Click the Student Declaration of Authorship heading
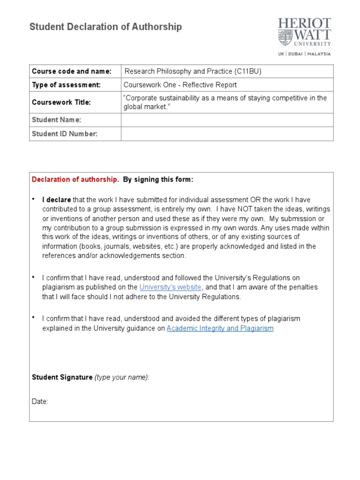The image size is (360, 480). [105, 27]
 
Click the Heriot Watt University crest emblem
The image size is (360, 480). [284, 37]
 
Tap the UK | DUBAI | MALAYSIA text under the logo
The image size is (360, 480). [304, 53]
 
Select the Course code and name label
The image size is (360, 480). [71, 71]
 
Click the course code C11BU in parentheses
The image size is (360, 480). [247, 71]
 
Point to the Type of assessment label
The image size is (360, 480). [66, 85]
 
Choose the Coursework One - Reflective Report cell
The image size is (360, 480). [180, 85]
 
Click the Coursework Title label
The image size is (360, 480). [61, 102]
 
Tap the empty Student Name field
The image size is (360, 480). [227, 120]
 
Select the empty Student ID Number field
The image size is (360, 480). [227, 134]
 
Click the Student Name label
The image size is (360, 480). [56, 120]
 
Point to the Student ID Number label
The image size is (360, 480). [65, 134]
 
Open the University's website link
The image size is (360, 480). [171, 287]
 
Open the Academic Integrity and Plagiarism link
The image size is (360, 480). [220, 328]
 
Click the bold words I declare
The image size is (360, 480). [57, 200]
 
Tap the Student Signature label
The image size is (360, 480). [62, 377]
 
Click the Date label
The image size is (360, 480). [40, 402]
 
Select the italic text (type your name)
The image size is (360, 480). [122, 377]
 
